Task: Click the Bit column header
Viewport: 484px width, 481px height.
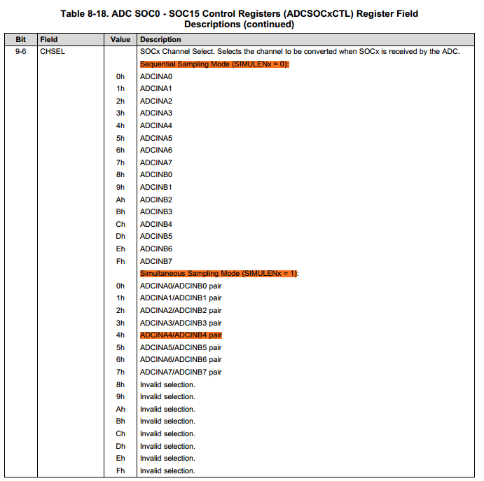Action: (20, 40)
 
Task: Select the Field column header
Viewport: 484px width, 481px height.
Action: (49, 40)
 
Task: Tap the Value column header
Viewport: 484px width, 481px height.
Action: (120, 40)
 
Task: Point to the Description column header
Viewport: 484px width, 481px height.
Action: (160, 40)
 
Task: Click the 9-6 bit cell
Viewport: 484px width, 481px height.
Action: (21, 52)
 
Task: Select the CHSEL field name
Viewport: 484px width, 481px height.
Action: (53, 52)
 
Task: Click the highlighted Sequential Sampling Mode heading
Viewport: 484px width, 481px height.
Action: (214, 64)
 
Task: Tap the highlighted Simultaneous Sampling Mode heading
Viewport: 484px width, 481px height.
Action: (219, 273)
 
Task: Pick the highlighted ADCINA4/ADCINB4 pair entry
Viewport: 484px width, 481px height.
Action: (181, 335)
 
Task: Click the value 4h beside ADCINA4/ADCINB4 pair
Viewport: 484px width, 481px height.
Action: (120, 335)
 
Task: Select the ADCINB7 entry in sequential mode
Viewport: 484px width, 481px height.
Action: (155, 261)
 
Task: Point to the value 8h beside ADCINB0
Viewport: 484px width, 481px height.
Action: (120, 174)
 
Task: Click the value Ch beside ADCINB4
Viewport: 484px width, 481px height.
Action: (120, 224)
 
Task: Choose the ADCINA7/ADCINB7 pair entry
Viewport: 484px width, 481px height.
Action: (181, 372)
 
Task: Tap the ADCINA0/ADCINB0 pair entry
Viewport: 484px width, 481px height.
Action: (181, 286)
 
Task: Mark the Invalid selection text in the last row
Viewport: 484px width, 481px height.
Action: (167, 470)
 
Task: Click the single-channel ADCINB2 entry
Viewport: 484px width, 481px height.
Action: (155, 200)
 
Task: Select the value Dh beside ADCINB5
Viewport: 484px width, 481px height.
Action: (120, 237)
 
